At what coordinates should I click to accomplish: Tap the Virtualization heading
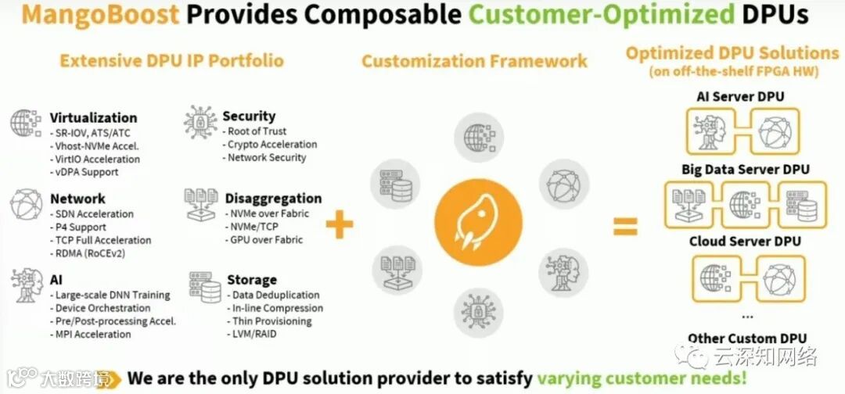pyautogui.click(x=93, y=118)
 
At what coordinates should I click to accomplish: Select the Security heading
pyautogui.click(x=249, y=116)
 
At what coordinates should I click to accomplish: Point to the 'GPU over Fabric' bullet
pyautogui.click(x=265, y=240)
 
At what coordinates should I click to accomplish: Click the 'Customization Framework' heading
pyautogui.click(x=474, y=61)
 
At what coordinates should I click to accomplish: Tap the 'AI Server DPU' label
pyautogui.click(x=740, y=97)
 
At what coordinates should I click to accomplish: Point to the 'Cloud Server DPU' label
pyautogui.click(x=745, y=242)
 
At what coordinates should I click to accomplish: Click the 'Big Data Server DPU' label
pyautogui.click(x=745, y=170)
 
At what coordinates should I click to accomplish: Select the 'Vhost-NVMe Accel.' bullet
pyautogui.click(x=96, y=146)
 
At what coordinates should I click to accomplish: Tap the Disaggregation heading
pyautogui.click(x=273, y=199)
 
